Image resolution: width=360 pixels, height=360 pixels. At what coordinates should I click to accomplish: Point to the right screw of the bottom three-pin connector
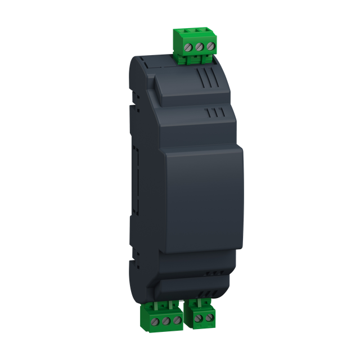pyautogui.click(x=177, y=320)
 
